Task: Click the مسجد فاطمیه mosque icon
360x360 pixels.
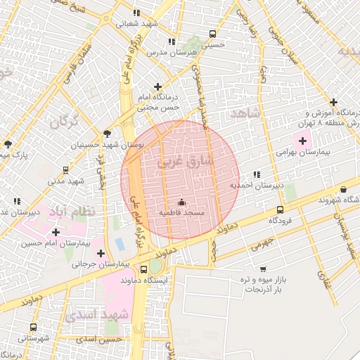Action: click(x=181, y=202)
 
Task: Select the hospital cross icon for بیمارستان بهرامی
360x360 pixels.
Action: click(x=302, y=141)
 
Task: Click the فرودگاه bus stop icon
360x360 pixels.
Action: click(x=281, y=210)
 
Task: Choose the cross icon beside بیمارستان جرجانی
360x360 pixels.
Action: click(x=101, y=253)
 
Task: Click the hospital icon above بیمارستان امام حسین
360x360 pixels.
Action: click(x=56, y=232)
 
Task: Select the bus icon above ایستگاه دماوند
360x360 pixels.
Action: click(x=155, y=268)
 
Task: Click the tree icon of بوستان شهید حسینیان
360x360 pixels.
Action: click(x=107, y=133)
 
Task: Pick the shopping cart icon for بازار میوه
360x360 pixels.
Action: click(x=263, y=269)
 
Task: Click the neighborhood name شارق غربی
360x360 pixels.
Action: click(x=185, y=161)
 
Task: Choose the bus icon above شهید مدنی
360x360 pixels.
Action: click(x=65, y=169)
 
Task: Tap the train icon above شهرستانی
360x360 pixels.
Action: click(x=33, y=327)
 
